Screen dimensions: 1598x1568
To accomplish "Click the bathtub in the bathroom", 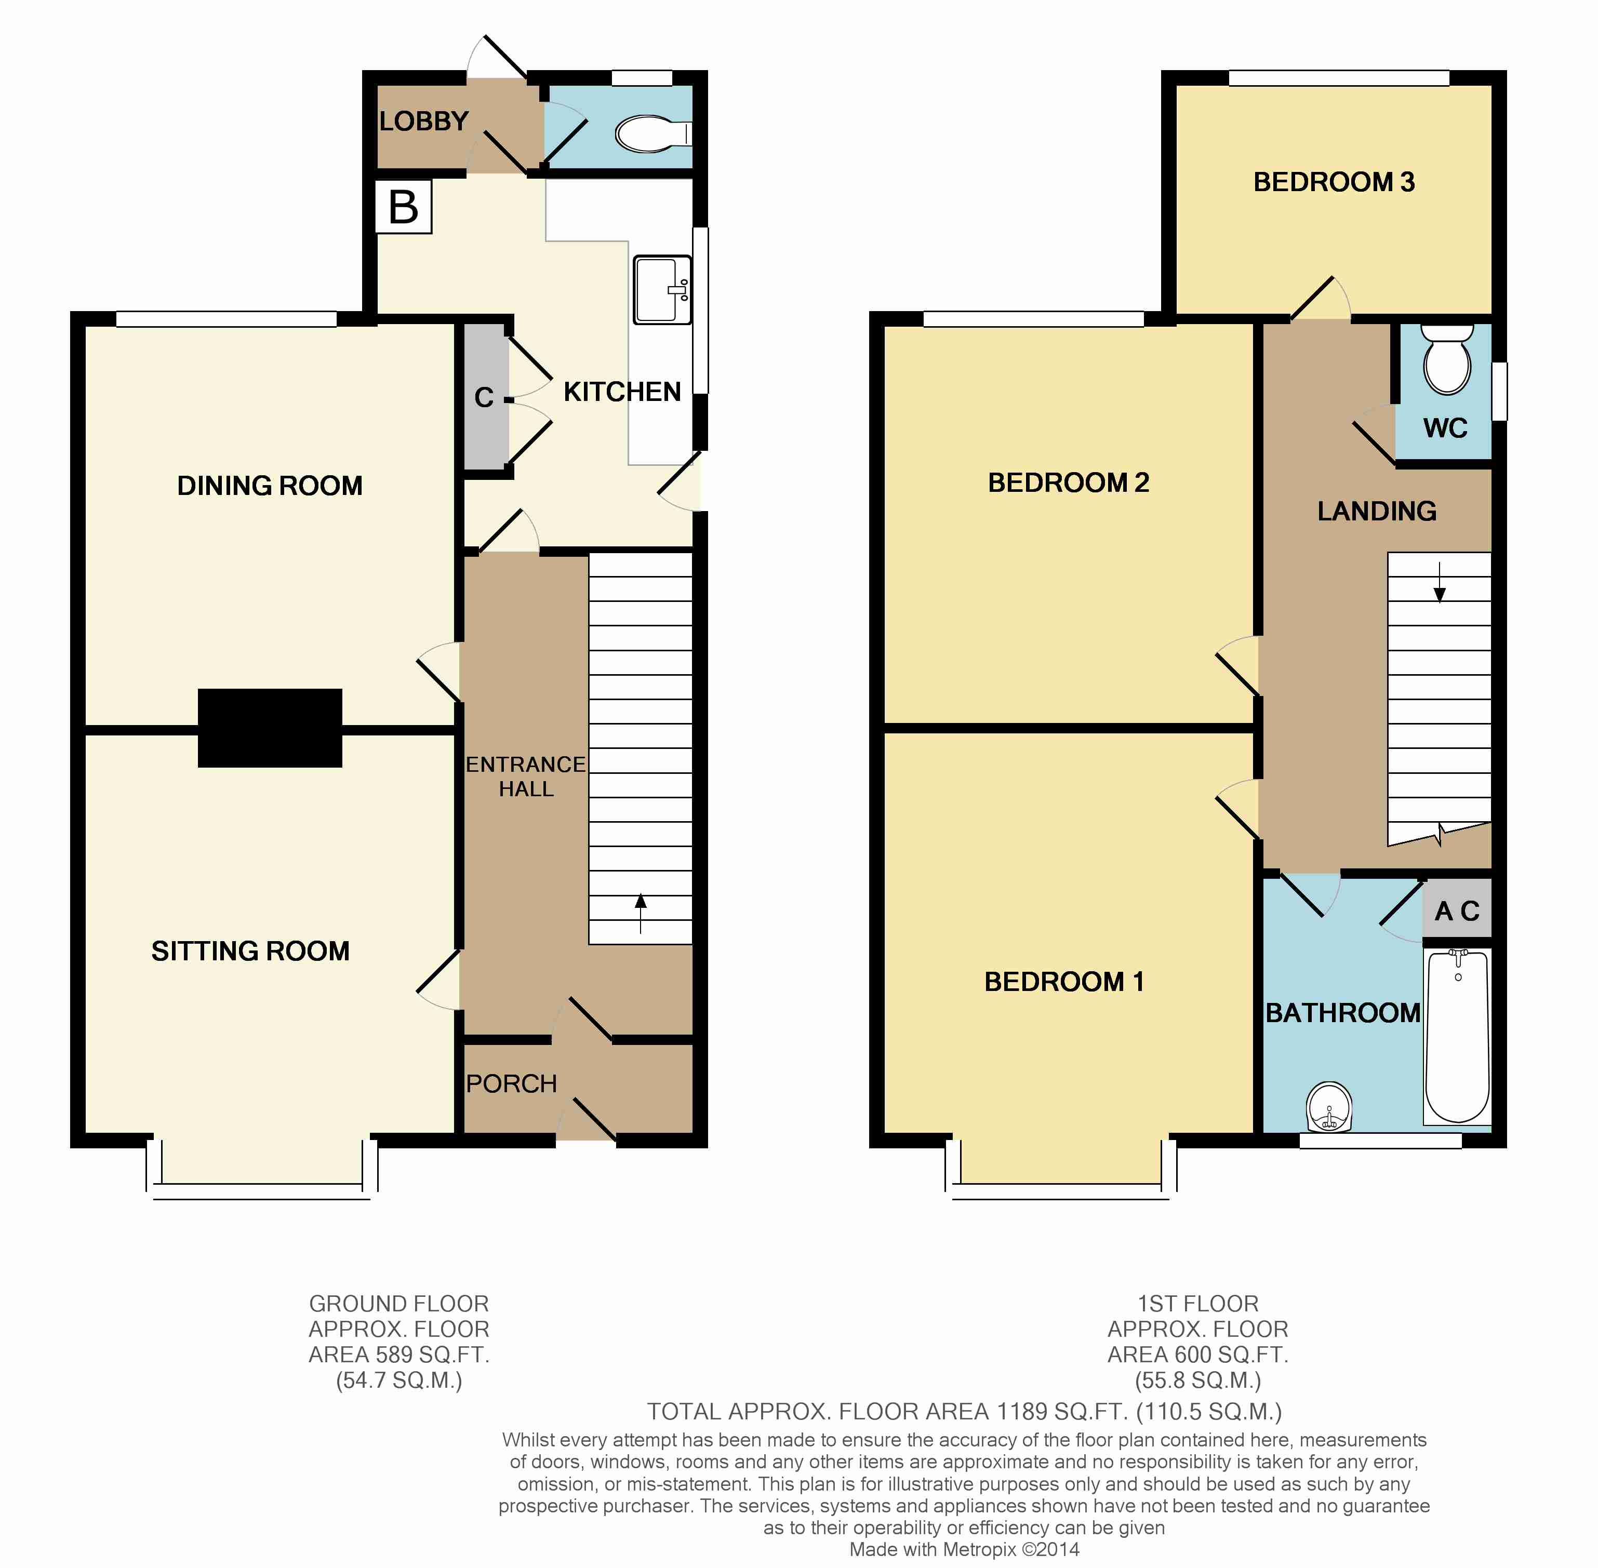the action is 1457,1037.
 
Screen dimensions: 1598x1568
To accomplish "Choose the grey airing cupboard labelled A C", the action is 1457,910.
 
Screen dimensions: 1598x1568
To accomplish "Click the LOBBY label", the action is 423,122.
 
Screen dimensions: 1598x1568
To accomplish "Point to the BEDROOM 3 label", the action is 1334,182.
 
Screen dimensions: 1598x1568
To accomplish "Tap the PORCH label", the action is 512,1084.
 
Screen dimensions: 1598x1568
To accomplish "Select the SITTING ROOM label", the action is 250,951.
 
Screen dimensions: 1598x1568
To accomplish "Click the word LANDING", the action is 1376,512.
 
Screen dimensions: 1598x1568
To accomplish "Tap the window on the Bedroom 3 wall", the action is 1339,78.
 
